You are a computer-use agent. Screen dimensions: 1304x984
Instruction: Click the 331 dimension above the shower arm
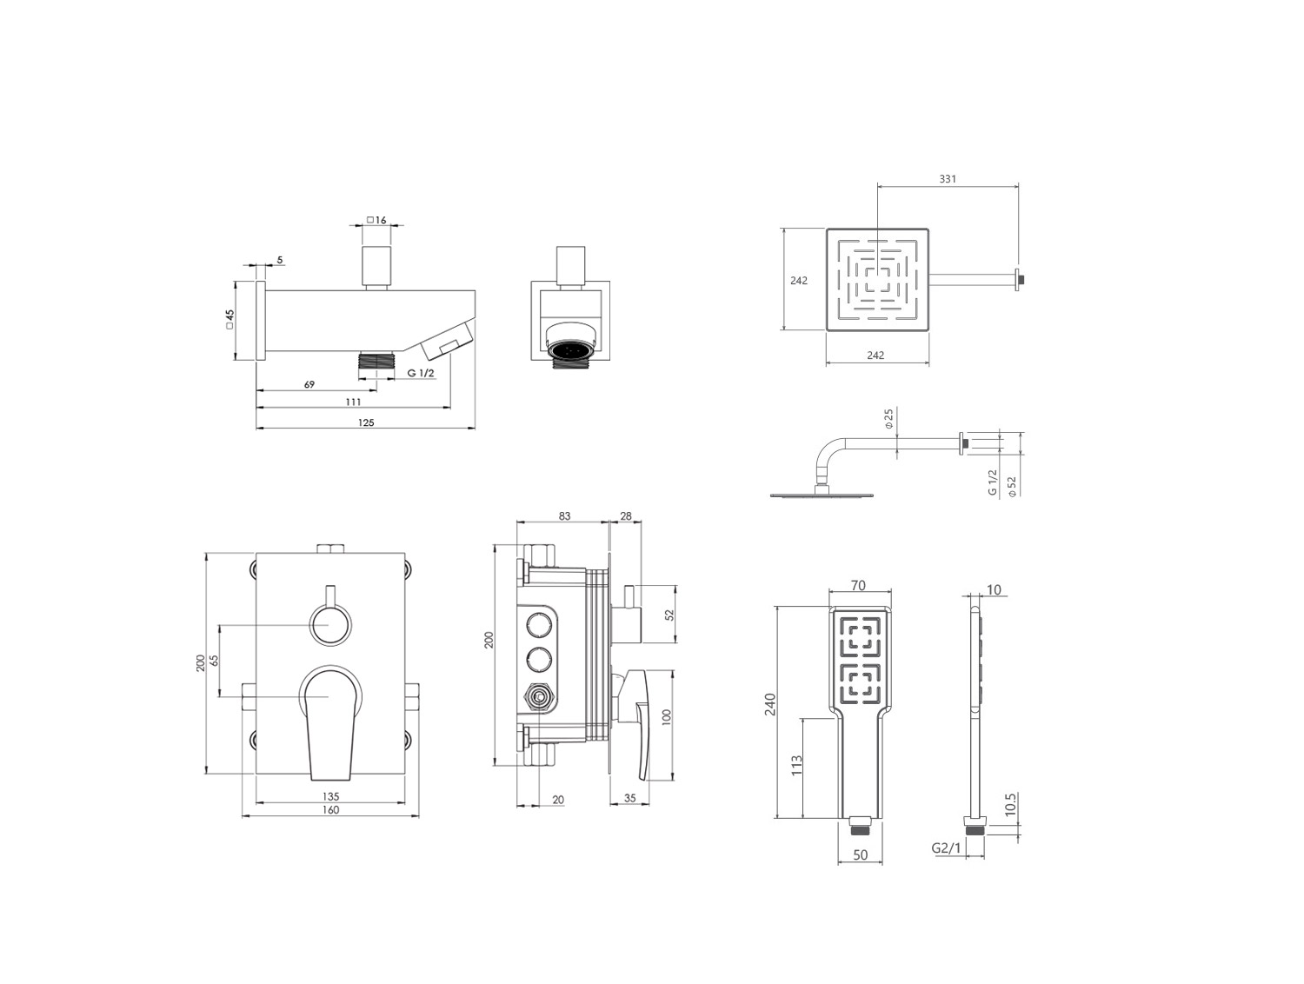[x=947, y=179]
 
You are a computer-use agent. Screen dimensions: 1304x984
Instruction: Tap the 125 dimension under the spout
[x=366, y=422]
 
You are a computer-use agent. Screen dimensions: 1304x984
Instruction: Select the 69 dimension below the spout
[x=309, y=384]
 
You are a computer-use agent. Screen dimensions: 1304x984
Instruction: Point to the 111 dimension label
[x=353, y=402]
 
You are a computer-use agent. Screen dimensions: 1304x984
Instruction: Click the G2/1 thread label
[x=946, y=848]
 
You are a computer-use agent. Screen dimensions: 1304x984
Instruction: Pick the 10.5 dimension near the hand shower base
[x=1010, y=805]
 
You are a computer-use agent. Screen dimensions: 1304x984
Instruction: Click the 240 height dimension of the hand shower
[x=770, y=704]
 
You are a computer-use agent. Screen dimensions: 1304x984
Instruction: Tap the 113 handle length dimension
[x=797, y=766]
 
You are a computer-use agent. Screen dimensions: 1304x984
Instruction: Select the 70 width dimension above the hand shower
[x=858, y=586]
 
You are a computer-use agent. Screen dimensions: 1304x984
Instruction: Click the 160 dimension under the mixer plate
[x=330, y=809]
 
